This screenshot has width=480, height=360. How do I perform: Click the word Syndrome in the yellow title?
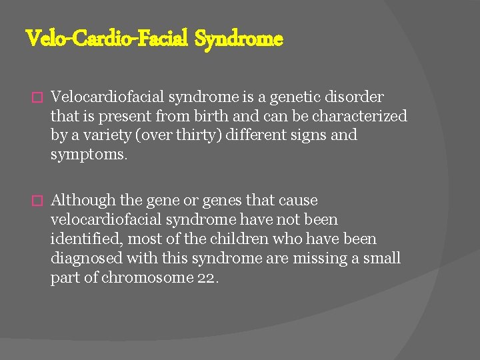click(x=239, y=39)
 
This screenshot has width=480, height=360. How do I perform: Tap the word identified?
click(x=87, y=239)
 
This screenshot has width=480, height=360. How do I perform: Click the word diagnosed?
click(x=85, y=258)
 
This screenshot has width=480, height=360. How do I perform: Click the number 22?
click(x=206, y=277)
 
